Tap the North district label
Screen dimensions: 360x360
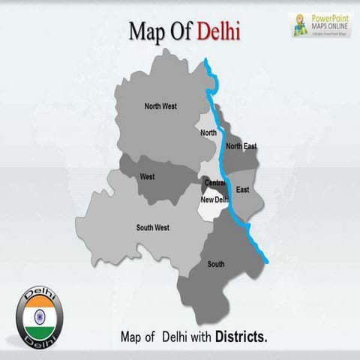[208, 133]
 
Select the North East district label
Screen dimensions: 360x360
[241, 145]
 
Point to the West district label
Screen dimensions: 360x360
[147, 177]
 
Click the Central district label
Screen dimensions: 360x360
[214, 182]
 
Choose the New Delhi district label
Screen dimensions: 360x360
[214, 199]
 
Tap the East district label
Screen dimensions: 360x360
[242, 190]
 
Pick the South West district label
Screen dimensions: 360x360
[152, 227]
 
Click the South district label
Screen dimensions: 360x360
[216, 264]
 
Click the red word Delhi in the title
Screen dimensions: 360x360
[220, 32]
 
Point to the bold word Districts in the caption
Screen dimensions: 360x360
[241, 337]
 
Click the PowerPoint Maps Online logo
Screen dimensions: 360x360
[321, 25]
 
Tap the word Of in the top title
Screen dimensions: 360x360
[180, 32]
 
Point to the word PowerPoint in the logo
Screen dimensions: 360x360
[331, 17]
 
